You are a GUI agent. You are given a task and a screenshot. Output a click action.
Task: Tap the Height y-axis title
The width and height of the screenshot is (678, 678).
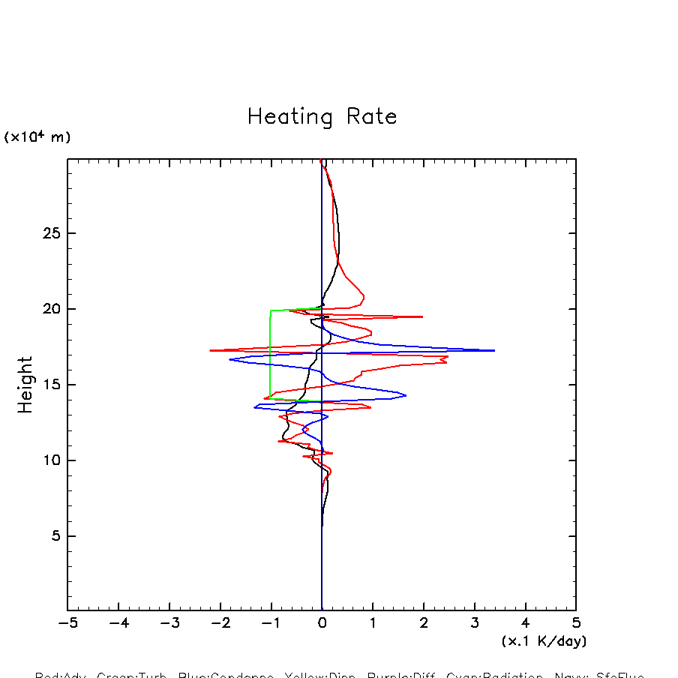25,385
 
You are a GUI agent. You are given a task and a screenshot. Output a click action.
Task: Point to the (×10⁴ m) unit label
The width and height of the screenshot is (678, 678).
37,137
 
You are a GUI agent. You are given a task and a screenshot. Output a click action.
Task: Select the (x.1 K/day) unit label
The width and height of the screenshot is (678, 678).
544,641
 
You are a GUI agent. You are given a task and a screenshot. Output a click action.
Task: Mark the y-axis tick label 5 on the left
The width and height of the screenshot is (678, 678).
54,536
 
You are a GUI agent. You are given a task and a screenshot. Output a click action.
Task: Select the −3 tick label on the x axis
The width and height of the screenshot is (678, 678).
169,623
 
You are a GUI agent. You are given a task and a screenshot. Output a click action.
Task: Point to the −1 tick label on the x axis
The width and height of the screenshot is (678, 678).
271,623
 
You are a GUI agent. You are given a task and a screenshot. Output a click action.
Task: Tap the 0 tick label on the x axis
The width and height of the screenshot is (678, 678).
322,623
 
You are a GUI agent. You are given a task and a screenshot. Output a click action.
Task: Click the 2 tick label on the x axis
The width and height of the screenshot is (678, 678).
424,623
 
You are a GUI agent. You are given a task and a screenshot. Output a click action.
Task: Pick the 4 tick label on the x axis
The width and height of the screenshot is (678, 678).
525,623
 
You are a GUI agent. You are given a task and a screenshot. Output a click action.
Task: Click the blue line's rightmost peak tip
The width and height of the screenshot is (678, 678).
494,350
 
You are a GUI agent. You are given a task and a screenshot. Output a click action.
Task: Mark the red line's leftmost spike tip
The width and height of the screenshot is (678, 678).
211,350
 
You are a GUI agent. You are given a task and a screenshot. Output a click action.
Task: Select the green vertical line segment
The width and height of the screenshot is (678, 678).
271,352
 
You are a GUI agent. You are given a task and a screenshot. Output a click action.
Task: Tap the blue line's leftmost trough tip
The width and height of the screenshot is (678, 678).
230,360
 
